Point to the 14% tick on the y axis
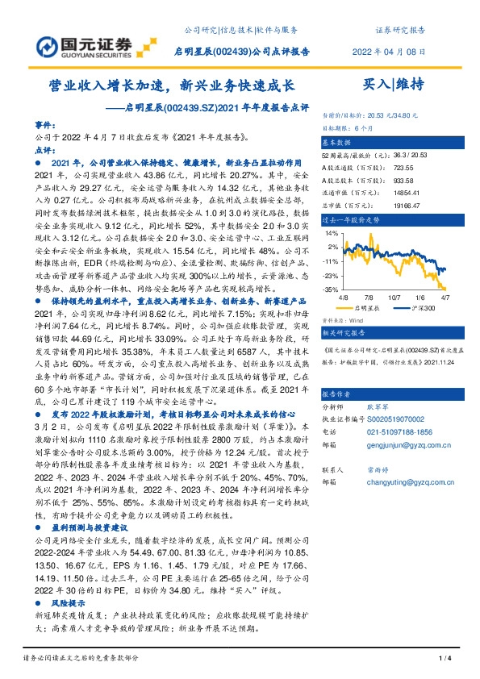331,232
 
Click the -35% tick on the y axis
329,289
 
